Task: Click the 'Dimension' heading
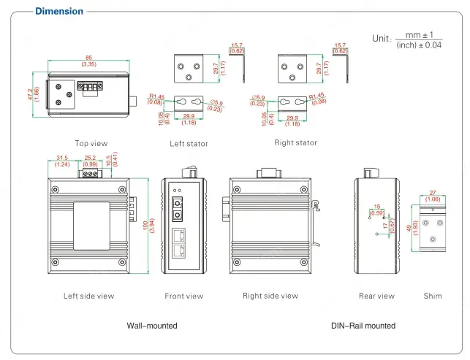59,11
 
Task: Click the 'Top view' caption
91,143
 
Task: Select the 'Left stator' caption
189,144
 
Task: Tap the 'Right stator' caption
295,143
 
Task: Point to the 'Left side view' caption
88,296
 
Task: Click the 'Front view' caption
184,296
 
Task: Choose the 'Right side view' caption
270,296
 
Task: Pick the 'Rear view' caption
376,296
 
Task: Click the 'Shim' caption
433,296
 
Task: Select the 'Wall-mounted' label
152,326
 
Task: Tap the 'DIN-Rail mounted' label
363,326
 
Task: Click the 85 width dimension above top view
88,58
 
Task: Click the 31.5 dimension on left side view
62,157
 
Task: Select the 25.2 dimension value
91,157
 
